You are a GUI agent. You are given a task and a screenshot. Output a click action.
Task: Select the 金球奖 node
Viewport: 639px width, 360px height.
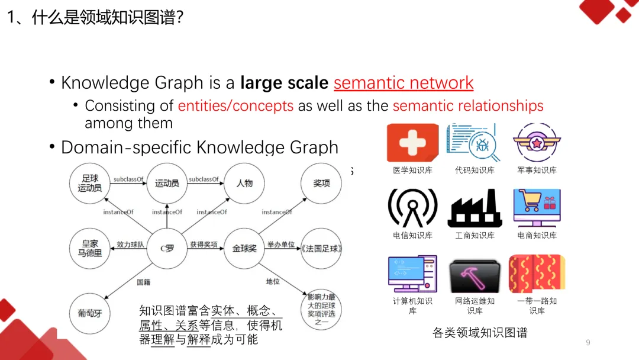244,247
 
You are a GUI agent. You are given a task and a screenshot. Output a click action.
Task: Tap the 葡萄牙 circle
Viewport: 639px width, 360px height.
90,313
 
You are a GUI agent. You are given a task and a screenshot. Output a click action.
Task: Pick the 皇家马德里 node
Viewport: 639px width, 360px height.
90,247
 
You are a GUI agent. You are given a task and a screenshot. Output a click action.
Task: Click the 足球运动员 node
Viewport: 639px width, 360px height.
90,183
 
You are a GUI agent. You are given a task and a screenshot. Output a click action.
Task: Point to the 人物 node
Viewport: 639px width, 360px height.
244,183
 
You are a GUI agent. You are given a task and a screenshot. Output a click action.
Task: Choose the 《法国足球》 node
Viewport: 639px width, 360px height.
321,247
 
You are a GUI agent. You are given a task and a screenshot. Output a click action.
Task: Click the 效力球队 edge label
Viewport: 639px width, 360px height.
130,244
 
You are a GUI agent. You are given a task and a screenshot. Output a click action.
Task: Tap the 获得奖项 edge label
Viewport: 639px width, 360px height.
204,244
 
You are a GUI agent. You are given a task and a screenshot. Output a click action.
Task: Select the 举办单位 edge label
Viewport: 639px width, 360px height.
281,244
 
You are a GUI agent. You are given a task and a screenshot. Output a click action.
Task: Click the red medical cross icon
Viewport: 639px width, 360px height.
412,143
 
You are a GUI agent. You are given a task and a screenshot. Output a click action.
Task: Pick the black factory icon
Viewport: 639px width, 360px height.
475,208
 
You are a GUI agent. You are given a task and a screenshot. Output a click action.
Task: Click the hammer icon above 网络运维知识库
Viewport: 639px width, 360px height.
475,275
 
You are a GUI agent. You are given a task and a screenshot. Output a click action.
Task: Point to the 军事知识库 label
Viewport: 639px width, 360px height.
537,171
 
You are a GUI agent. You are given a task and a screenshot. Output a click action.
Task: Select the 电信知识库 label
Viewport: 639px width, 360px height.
412,236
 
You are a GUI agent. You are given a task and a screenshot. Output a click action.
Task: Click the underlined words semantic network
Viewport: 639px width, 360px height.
404,83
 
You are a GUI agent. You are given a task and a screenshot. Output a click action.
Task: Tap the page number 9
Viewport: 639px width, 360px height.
588,343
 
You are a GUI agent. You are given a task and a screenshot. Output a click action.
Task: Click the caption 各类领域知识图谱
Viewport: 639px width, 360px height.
480,333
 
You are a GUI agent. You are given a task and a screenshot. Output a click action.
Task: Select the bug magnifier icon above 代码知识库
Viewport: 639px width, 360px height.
475,143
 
